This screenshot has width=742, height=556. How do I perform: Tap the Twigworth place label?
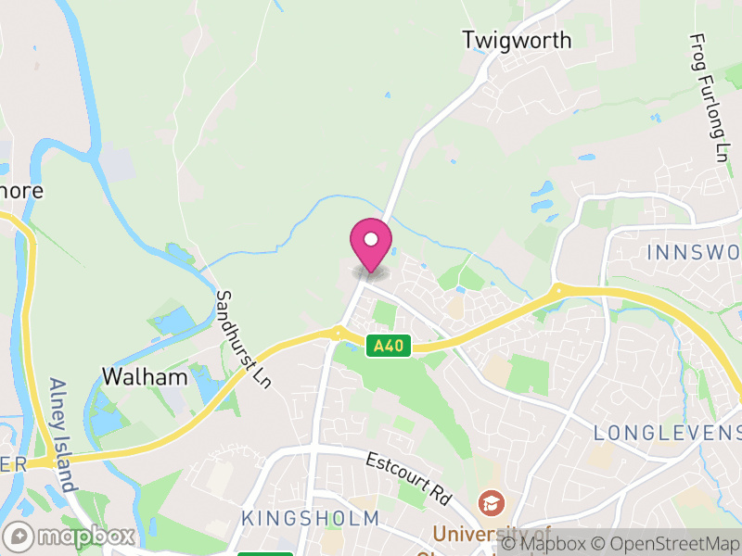coord(517,40)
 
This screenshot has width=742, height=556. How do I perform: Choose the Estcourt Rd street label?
coord(407,478)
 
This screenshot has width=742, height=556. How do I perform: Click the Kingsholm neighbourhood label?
coord(310,517)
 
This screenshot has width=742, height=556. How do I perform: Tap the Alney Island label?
coord(61,435)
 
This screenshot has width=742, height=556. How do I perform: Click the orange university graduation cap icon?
coord(488,503)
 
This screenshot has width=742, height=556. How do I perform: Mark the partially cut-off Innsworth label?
coord(694,252)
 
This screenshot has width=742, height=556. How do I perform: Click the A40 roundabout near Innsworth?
coord(557,290)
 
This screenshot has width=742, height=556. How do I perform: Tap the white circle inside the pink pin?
coord(371,240)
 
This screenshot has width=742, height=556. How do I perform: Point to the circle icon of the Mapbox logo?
coord(19,536)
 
